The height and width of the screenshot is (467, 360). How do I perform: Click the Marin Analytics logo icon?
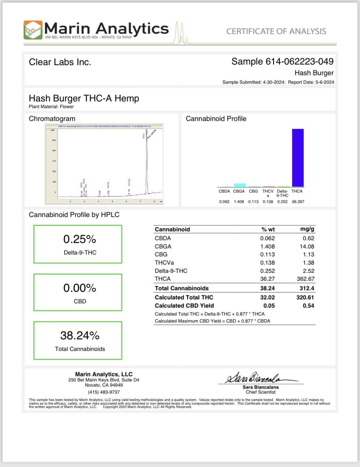(33, 30)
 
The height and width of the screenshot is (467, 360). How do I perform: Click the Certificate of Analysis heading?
(276, 31)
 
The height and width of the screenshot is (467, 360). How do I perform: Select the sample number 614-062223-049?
(299, 62)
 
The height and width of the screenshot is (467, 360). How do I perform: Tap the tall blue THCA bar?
(298, 157)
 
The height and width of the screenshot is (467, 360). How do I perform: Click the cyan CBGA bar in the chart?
(240, 185)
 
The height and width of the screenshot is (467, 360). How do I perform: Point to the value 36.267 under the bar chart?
(298, 202)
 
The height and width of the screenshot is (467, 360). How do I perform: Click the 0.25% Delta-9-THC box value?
(80, 239)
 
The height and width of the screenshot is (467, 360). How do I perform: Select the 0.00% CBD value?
(80, 288)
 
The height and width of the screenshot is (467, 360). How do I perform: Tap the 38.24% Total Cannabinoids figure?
(80, 336)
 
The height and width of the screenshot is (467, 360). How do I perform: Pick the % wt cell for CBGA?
(267, 246)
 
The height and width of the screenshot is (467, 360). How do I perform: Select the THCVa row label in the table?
(164, 263)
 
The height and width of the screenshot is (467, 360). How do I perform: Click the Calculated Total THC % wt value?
(267, 297)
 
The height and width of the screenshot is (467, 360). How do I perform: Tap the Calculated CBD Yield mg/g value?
(308, 306)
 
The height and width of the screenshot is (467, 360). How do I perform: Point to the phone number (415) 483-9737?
(104, 392)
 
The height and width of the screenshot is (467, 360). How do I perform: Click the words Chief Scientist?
(260, 392)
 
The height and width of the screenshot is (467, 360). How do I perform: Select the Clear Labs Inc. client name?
(60, 62)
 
